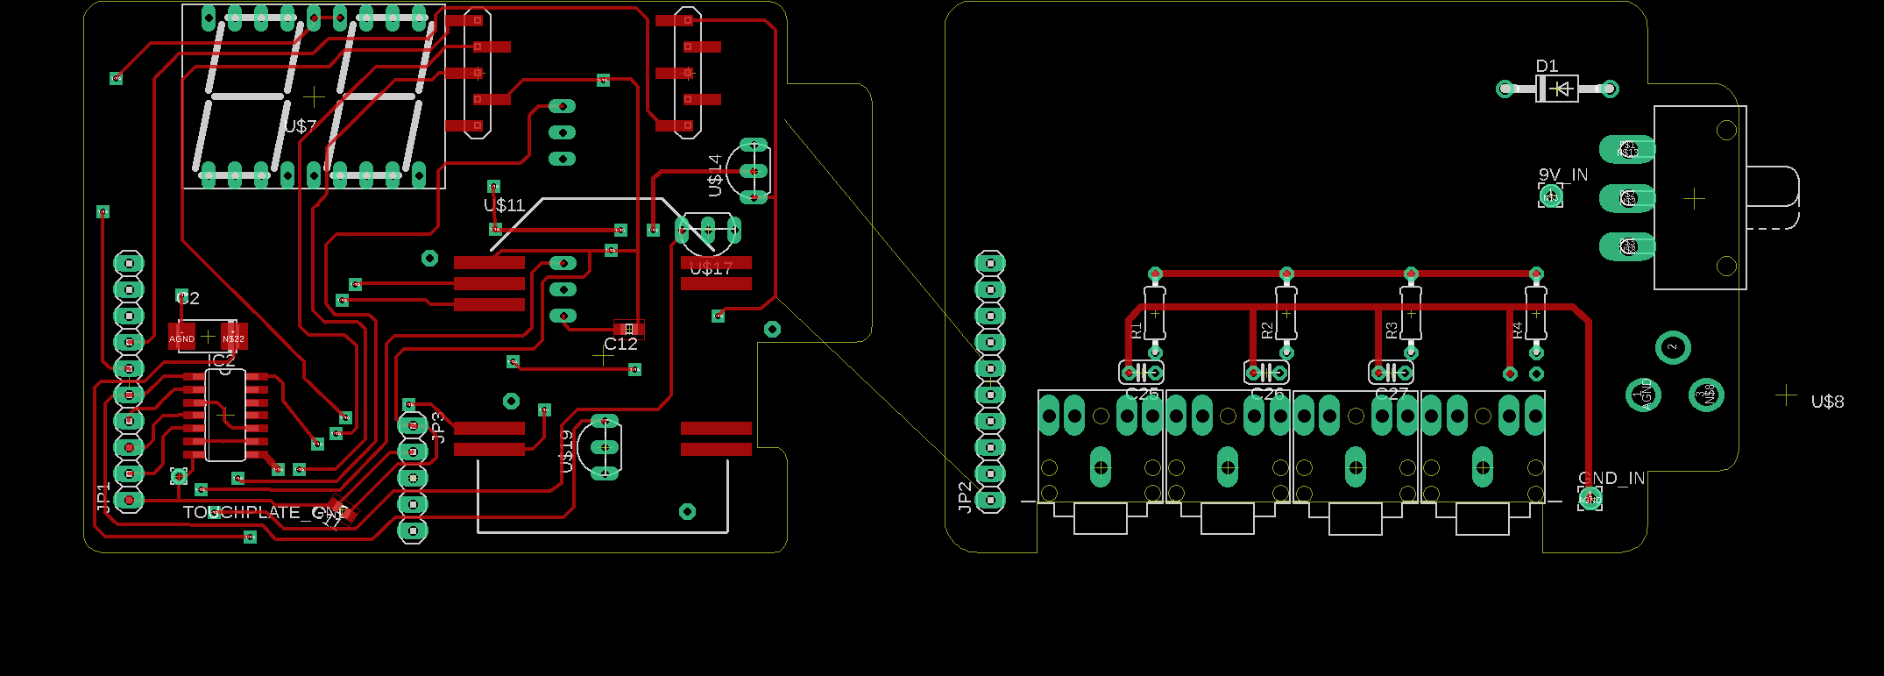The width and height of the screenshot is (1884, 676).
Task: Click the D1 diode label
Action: point(1547,66)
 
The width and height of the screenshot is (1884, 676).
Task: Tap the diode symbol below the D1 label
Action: point(1558,89)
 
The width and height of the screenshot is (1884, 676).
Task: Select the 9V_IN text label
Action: point(1563,174)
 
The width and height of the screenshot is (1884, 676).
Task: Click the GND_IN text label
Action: point(1611,478)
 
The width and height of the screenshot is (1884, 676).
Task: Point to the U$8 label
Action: point(1827,402)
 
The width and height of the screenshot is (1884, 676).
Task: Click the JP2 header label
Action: point(965,496)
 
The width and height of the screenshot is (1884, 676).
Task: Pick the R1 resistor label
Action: point(1136,331)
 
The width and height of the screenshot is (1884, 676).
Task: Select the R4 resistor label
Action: point(1517,331)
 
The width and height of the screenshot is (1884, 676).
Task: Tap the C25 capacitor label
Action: point(1142,394)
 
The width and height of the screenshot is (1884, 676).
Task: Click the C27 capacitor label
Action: point(1392,394)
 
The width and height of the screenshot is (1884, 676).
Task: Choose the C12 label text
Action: point(620,345)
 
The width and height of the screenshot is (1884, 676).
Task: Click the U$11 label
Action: point(504,205)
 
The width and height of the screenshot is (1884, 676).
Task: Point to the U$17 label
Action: point(711,268)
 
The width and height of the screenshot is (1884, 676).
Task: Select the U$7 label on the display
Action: point(301,126)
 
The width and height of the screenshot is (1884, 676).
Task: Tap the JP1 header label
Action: point(103,497)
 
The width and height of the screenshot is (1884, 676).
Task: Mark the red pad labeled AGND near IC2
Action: point(181,338)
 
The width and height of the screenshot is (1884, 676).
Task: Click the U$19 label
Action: point(567,451)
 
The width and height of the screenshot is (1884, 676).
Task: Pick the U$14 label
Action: point(715,174)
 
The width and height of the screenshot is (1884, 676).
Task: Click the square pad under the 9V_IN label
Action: point(1550,196)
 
